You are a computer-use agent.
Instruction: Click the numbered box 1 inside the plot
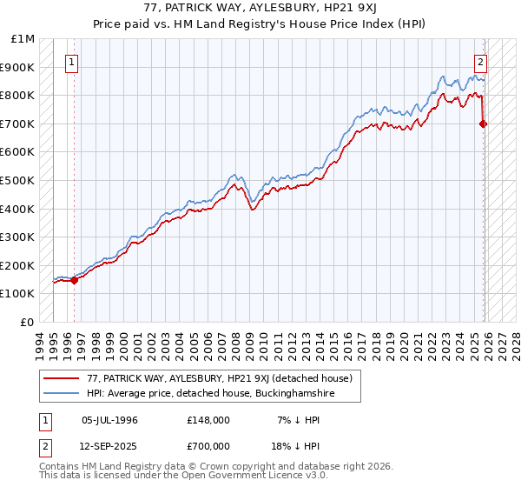(x=71, y=62)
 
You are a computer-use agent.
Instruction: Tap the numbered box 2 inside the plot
(x=480, y=62)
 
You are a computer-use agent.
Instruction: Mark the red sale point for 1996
(x=74, y=280)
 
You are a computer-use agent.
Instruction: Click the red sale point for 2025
(x=484, y=123)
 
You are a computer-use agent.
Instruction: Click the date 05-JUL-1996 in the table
(x=109, y=420)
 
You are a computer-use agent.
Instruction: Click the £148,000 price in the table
(x=208, y=420)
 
